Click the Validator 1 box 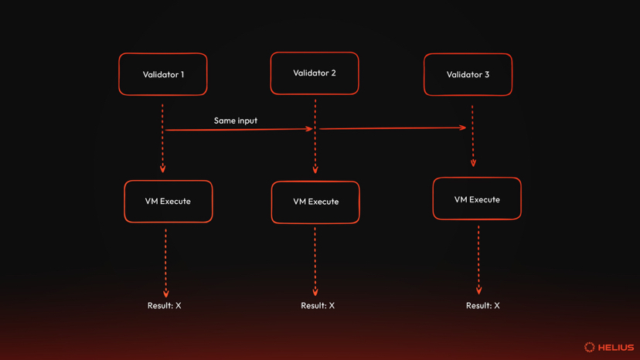click(x=163, y=74)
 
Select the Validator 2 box click(x=315, y=73)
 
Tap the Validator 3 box click(x=468, y=75)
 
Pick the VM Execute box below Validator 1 click(x=169, y=202)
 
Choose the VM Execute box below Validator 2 click(x=315, y=202)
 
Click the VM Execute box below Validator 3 click(x=477, y=199)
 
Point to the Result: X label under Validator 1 click(x=165, y=306)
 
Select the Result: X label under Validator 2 click(x=318, y=306)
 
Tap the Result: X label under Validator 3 click(x=483, y=306)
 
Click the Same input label click(x=236, y=121)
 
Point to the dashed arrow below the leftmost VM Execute click(x=165, y=263)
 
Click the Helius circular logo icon click(x=589, y=348)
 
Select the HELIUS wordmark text click(x=616, y=348)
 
